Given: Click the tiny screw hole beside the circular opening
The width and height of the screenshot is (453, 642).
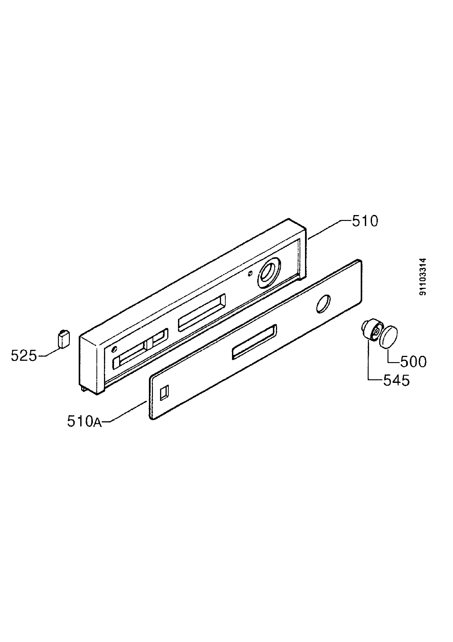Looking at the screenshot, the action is [250, 273].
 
